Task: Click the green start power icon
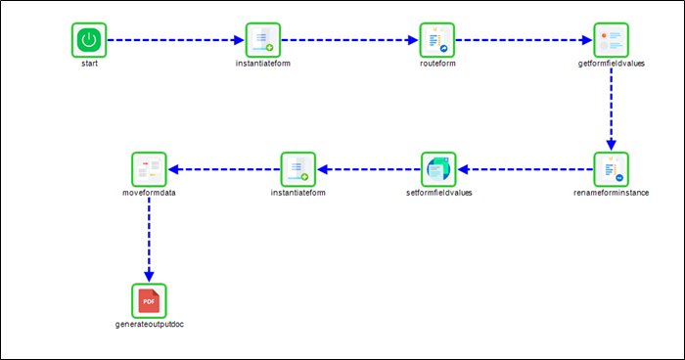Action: [89, 40]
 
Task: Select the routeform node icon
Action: [437, 40]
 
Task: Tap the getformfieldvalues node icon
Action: [611, 40]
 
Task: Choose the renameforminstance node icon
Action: [611, 169]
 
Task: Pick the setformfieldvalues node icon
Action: [437, 169]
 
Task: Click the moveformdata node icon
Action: [150, 169]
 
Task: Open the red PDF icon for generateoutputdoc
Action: [150, 298]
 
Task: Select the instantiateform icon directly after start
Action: [263, 40]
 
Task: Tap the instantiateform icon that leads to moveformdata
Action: [297, 169]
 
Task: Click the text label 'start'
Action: [89, 64]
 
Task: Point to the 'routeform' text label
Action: [437, 64]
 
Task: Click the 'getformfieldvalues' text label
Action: [611, 64]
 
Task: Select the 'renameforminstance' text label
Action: [611, 193]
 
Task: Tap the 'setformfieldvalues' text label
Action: [437, 193]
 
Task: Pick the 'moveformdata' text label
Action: [150, 193]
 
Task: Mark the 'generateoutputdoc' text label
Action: [150, 323]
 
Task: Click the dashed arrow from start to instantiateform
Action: [176, 40]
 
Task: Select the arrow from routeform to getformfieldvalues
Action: [524, 40]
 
